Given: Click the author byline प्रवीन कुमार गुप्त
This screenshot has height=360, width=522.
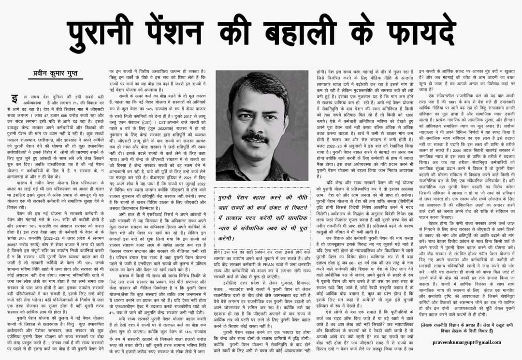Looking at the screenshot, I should tap(56, 74).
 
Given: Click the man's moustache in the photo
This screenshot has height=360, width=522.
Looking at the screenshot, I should tap(256, 138).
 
